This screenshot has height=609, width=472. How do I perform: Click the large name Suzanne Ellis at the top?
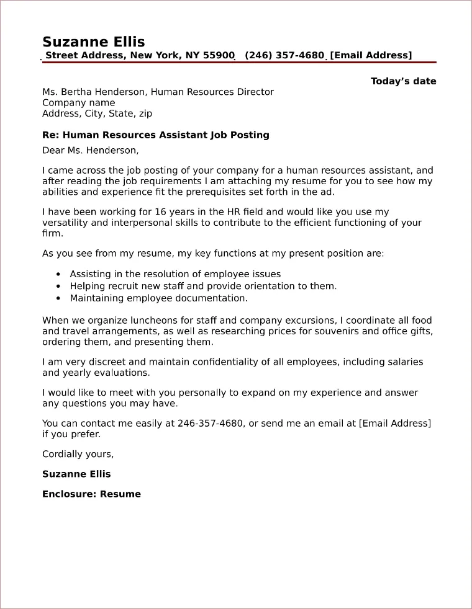(93, 42)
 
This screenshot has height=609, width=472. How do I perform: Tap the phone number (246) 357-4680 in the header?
(284, 56)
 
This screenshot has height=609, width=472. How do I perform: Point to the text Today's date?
(403, 81)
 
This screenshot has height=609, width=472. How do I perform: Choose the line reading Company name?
(78, 103)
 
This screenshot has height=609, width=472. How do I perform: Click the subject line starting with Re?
(155, 135)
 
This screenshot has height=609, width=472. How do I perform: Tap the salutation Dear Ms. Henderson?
(91, 150)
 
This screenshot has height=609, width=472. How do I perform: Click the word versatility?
(66, 223)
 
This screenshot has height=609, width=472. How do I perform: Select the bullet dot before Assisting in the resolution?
(58, 274)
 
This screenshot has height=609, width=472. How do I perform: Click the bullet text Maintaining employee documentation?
(158, 298)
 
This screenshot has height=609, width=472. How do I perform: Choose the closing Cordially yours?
(78, 454)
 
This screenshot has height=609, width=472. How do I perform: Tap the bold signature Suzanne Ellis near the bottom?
(76, 474)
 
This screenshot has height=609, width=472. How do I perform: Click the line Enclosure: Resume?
(91, 494)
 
